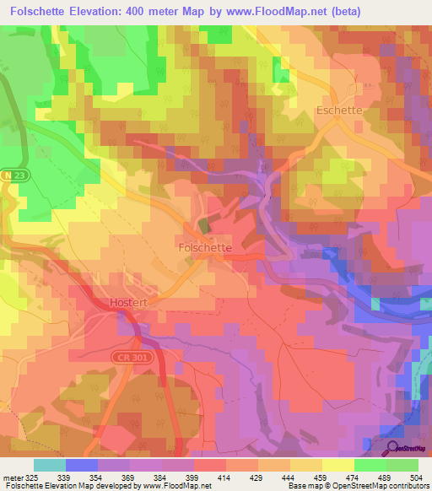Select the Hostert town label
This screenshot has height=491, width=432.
(129, 300)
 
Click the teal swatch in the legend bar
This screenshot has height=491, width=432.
(50, 465)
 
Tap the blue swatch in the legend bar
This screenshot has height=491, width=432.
(82, 465)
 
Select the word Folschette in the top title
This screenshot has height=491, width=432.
(44, 11)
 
